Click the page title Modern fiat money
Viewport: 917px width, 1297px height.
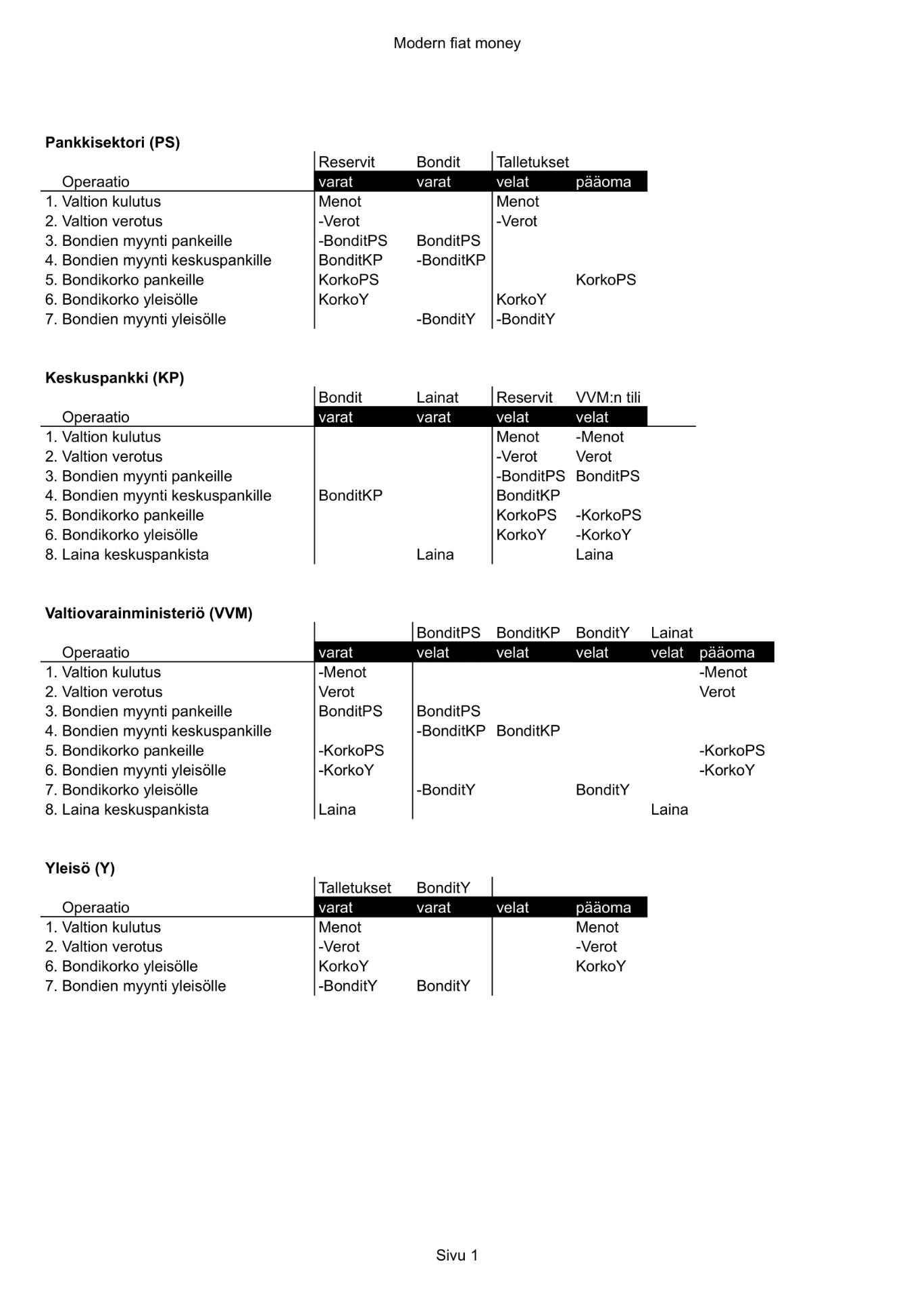pos(457,43)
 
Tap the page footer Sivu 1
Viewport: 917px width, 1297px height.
pos(457,1255)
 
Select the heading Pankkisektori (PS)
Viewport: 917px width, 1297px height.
pos(112,143)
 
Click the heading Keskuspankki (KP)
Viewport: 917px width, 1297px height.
pos(114,378)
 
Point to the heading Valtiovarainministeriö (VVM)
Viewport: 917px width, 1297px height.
pos(149,613)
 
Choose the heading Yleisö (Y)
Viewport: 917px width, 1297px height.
pos(80,868)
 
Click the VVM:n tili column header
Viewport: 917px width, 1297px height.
pos(608,397)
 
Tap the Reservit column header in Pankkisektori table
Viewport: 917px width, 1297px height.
pos(346,162)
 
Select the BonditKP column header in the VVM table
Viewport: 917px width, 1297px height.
pos(528,633)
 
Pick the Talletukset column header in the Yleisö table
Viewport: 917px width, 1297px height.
pos(354,888)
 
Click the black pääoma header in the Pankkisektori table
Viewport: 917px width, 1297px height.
pos(603,182)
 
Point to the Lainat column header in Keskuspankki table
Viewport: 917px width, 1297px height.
pos(437,397)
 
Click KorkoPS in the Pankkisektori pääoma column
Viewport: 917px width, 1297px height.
pos(605,280)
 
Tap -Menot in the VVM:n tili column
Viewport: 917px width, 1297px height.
pos(599,436)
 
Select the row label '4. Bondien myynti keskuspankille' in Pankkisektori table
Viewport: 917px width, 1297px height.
pos(158,260)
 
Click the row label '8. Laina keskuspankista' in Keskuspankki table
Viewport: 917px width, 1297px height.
pos(127,555)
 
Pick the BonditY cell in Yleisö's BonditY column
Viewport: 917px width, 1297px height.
pos(443,986)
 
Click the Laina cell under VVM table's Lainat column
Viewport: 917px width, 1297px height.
pos(669,809)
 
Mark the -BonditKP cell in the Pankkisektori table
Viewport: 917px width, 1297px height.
pos(451,260)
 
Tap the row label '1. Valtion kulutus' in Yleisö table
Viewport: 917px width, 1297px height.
pos(103,927)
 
